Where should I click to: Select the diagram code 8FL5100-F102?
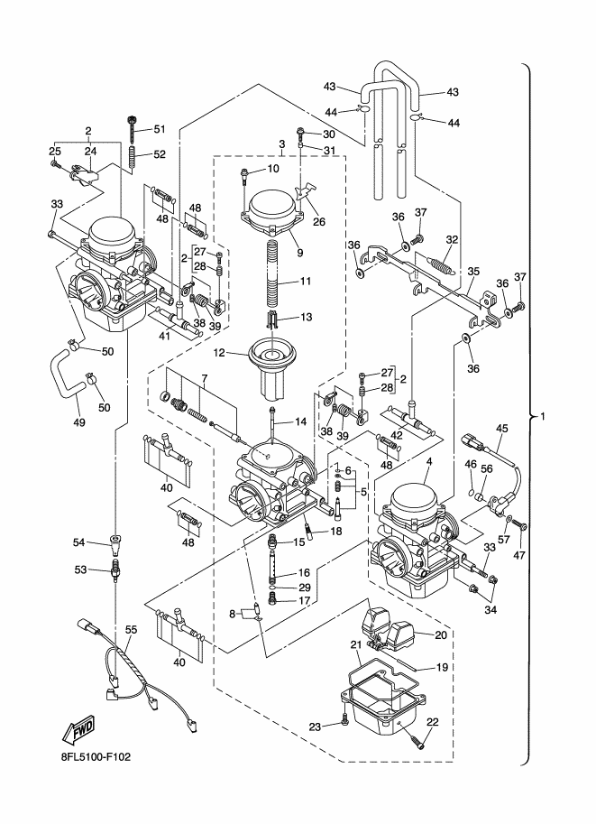click(92, 756)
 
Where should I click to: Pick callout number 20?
click(441, 634)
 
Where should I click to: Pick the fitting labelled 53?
click(115, 570)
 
